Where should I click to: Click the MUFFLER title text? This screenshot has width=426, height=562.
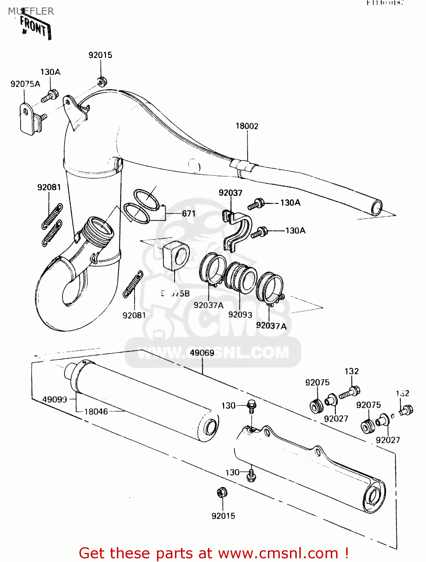31,11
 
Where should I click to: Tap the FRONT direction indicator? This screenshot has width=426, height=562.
35,27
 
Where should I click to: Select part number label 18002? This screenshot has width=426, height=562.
247,126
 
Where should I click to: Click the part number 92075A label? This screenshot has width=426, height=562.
25,84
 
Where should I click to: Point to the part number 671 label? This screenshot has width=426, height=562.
188,214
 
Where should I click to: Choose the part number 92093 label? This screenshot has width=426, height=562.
240,315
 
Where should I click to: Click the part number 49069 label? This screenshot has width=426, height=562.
202,353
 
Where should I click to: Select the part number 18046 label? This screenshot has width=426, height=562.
96,412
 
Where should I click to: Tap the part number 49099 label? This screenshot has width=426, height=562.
55,399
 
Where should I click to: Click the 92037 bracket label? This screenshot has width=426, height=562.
230,193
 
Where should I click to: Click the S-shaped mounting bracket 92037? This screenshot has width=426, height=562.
237,230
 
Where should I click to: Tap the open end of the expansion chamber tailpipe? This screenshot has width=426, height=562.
377,207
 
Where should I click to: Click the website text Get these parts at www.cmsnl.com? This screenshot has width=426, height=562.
214,553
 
